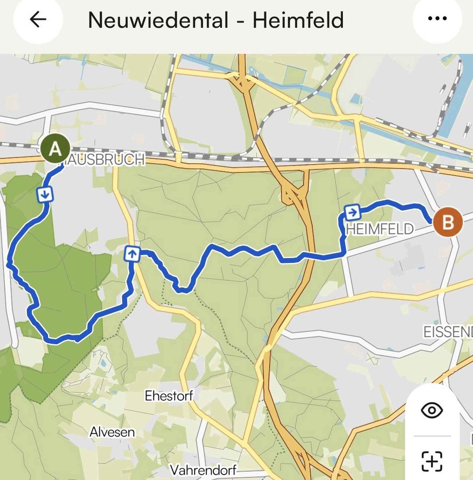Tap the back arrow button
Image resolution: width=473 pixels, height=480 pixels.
pos(38,20)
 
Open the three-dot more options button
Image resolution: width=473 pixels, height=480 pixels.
pos(437,19)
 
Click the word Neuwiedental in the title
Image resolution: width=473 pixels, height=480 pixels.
pos(158,20)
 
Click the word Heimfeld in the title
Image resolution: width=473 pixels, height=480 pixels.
pos(298,20)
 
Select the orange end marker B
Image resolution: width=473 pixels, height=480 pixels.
pos(448,222)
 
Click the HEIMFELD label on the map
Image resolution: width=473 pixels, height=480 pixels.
pos(380,229)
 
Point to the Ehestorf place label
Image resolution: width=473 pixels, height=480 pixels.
pos(169,396)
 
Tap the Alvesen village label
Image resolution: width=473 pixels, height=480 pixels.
pos(112,432)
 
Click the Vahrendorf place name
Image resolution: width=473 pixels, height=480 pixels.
pos(203,470)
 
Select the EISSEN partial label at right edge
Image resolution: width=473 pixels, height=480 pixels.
pos(448,332)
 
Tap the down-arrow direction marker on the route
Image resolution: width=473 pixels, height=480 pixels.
pos(45,194)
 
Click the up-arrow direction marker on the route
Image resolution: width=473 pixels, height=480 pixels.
pos(132,254)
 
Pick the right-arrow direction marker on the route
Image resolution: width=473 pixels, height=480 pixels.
pos(352,212)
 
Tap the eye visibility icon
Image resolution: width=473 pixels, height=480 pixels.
pos(432,410)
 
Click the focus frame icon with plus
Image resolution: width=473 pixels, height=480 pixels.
pos(432,461)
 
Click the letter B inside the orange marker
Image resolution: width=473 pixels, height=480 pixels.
pos(448,222)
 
